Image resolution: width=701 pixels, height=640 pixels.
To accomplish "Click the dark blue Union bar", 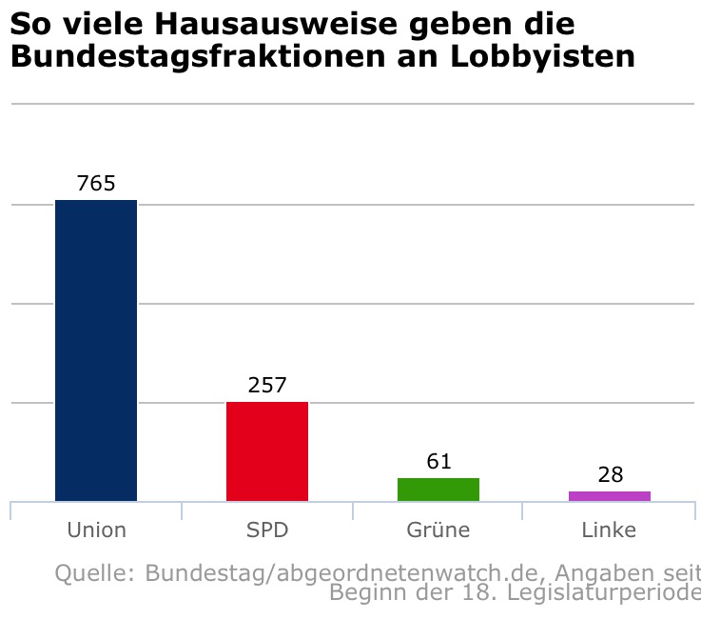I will (x=96, y=350).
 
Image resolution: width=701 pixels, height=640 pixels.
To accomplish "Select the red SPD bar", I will (x=267, y=451).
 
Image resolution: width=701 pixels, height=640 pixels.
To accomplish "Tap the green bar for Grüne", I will (x=438, y=490).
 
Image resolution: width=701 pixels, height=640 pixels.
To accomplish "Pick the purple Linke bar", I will (x=610, y=496).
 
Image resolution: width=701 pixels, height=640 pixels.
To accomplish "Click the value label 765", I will (x=96, y=184).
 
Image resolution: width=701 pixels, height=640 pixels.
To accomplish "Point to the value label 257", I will (x=267, y=386).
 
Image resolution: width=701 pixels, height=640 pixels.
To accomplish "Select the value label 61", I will (x=438, y=462).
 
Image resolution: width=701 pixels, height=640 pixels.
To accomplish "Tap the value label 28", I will (x=610, y=475).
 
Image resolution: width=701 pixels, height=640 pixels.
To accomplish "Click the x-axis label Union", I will (x=96, y=530).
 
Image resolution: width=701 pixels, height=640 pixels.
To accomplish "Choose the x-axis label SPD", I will (x=267, y=530).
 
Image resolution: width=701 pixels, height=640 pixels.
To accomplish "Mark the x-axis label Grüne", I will (x=438, y=530).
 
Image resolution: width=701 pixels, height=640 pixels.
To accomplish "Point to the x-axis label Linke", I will (x=610, y=530).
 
